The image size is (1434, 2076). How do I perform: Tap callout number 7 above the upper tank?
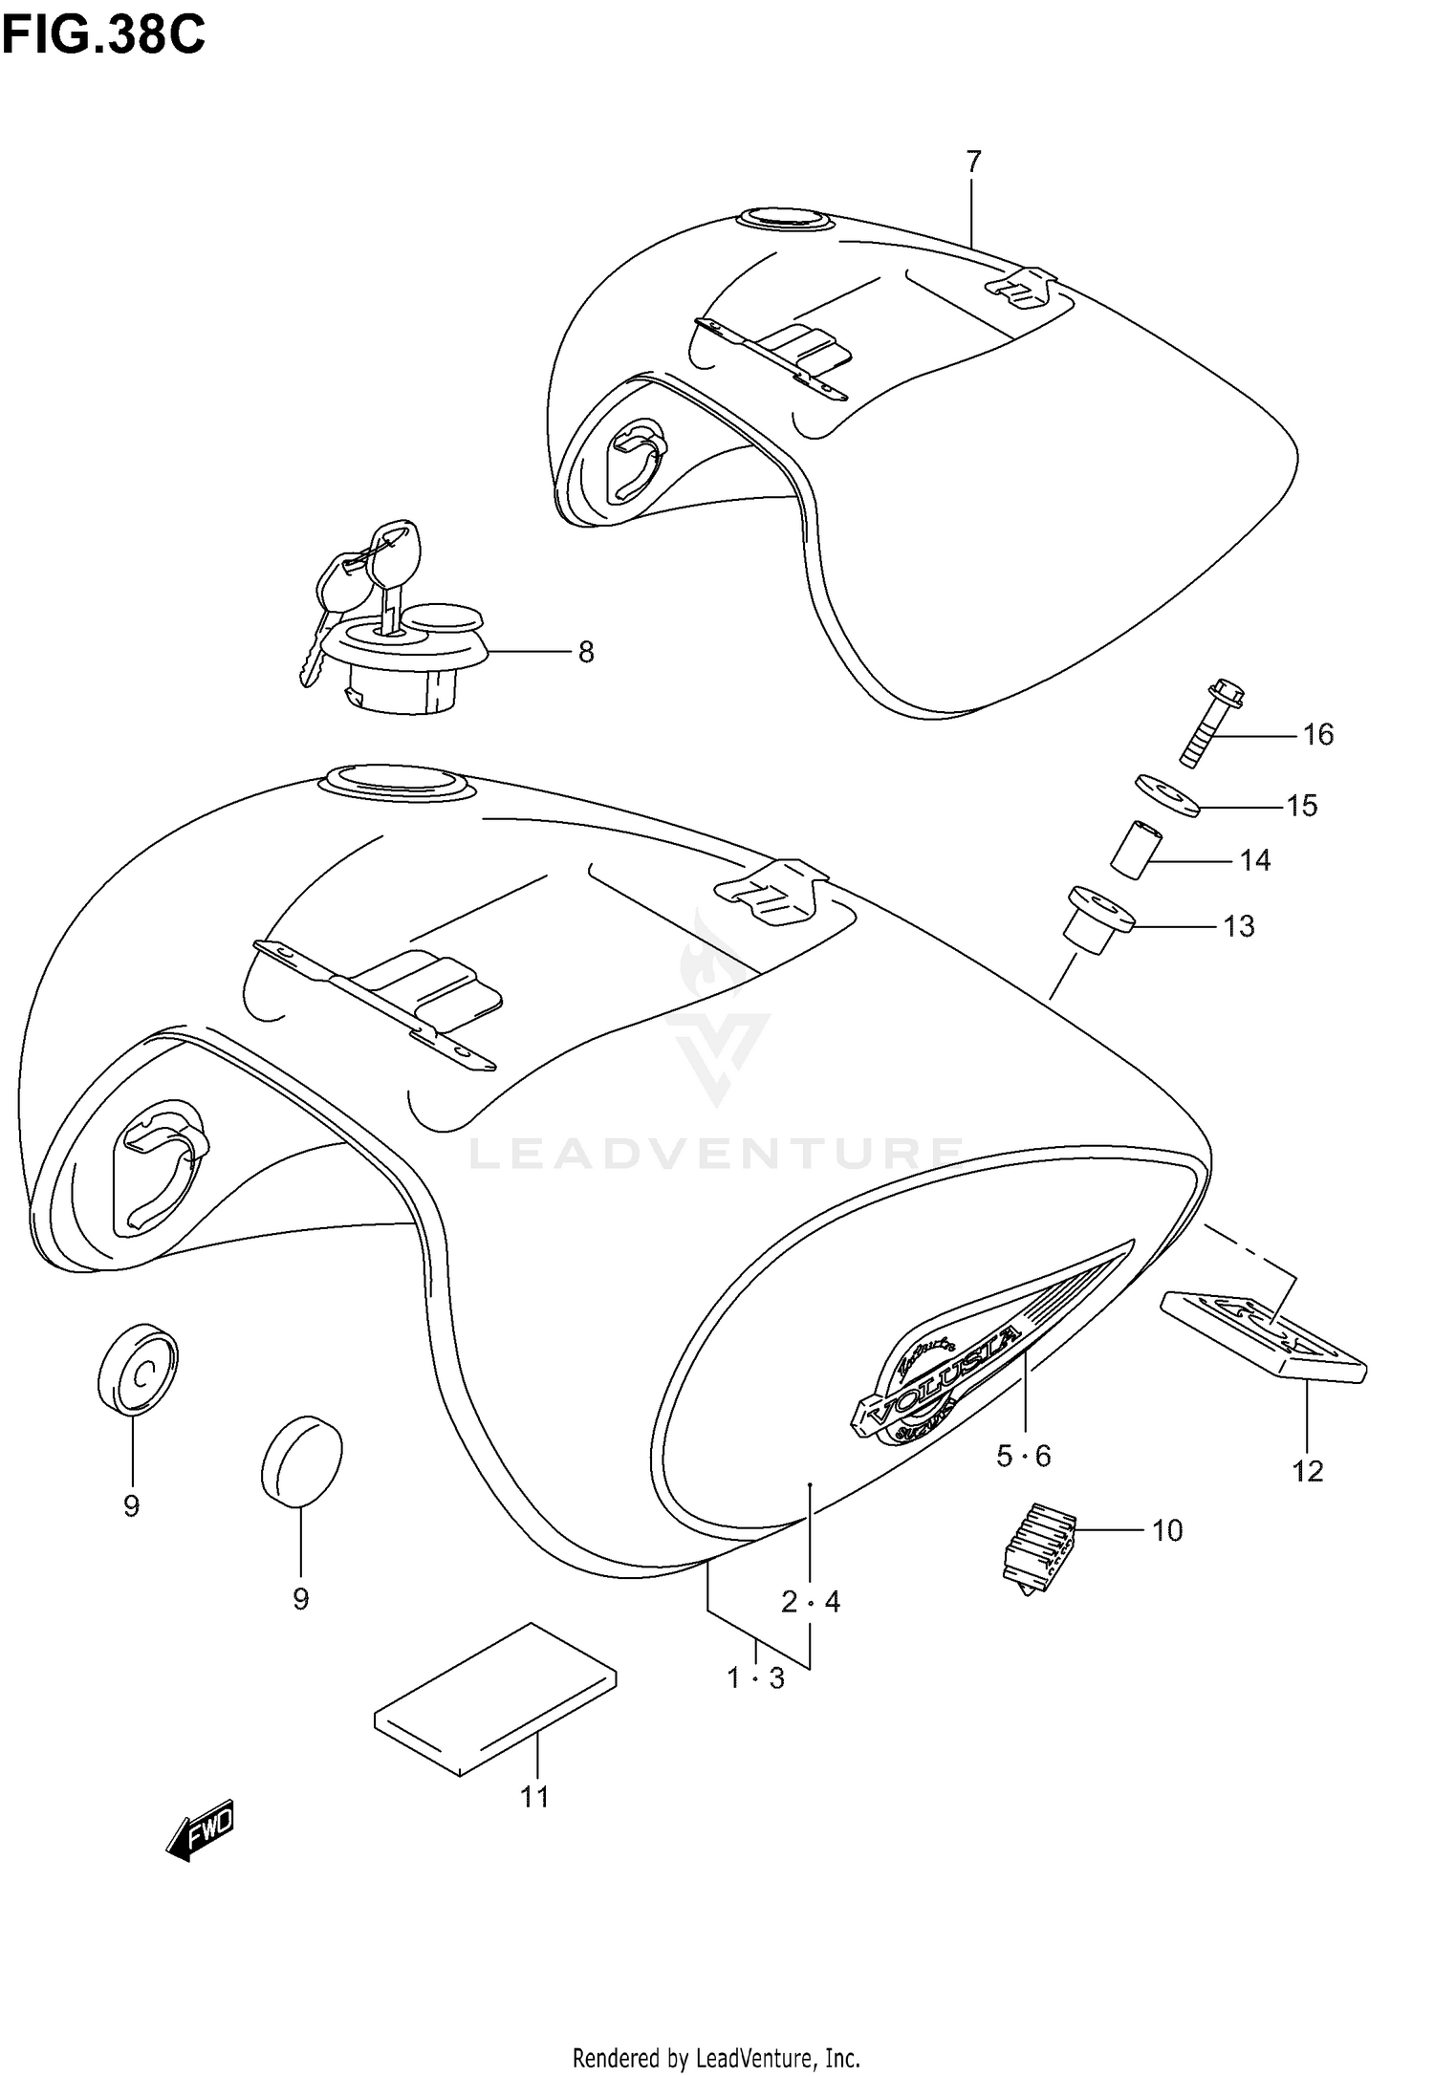point(973,162)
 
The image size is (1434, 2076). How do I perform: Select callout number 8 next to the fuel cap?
point(586,652)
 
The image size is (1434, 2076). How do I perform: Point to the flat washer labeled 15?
point(1167,795)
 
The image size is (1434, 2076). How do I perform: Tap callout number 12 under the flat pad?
point(1307,1471)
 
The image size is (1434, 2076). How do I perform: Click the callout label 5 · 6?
point(1023,1456)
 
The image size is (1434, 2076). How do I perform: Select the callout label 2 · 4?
point(810,1601)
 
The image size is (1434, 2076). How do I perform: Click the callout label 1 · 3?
point(755,1677)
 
